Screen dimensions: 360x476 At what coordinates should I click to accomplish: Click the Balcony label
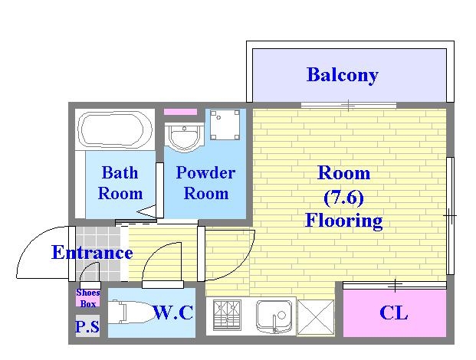click(342, 74)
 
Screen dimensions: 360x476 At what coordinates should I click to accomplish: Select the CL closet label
click(394, 313)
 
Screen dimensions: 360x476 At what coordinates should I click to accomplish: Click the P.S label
click(87, 327)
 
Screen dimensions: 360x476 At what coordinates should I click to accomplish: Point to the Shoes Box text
click(88, 297)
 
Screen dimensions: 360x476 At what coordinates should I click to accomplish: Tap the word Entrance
click(92, 253)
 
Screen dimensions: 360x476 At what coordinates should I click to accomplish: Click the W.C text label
click(172, 313)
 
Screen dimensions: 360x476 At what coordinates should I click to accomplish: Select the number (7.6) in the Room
click(343, 197)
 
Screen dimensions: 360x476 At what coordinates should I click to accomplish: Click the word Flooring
click(343, 221)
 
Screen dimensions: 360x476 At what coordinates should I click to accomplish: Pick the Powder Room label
click(205, 182)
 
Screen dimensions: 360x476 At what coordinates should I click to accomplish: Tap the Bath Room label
click(120, 182)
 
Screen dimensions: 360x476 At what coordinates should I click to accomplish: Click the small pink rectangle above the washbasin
click(181, 112)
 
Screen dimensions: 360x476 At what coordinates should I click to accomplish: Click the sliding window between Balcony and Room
click(348, 104)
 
